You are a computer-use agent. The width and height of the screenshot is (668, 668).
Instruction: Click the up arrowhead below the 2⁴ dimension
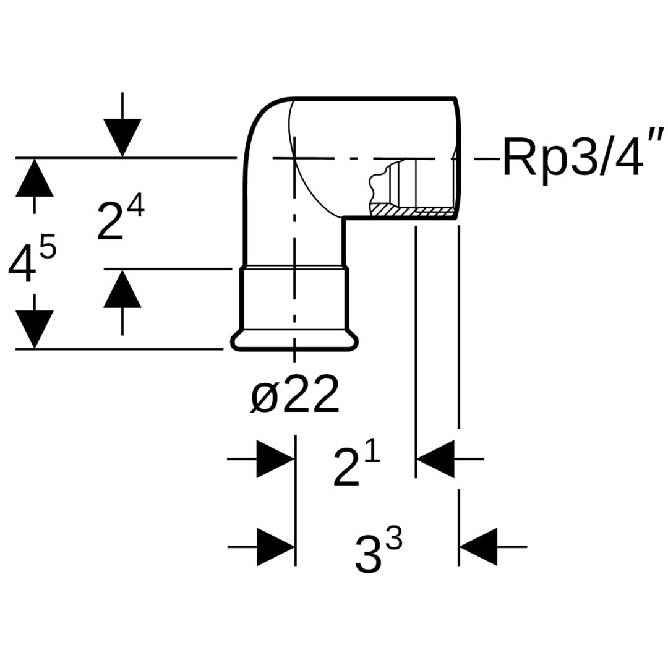point(122,289)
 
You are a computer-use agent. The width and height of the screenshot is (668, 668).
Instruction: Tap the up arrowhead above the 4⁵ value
point(34,178)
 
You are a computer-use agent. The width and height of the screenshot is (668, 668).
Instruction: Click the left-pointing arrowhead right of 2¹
point(435,459)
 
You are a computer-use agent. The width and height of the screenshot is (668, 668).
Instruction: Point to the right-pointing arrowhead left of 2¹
point(275,459)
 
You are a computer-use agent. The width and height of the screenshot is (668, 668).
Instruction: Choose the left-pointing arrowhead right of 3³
point(478,547)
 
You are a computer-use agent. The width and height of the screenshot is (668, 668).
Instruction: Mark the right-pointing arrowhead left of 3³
point(275,547)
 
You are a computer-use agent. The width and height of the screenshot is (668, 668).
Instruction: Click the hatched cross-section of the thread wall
point(411,212)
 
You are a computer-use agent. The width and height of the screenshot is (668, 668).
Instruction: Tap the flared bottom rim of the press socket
point(295,341)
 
